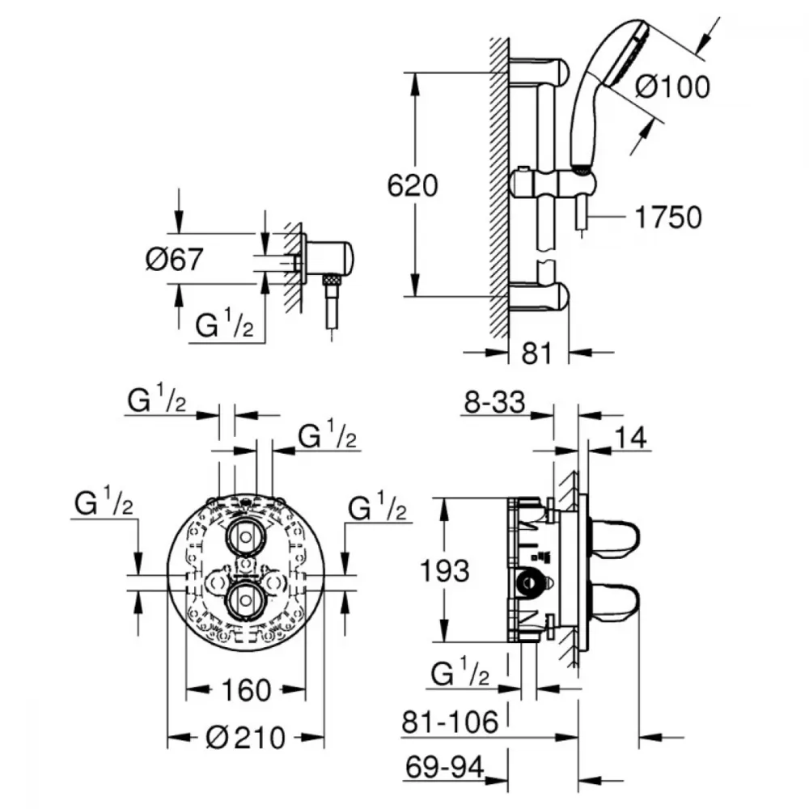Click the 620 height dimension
(413, 186)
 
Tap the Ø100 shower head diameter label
(673, 87)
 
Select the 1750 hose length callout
(668, 217)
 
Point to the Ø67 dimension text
(175, 259)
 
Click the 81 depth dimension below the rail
(536, 354)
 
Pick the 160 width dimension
(246, 690)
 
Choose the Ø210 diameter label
(246, 737)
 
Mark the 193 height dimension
(445, 571)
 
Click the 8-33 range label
(494, 402)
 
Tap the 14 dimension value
(630, 438)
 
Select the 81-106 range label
(451, 722)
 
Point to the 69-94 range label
(445, 767)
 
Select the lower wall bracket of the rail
(539, 298)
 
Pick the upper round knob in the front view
(246, 537)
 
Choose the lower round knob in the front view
(246, 600)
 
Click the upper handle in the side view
(615, 540)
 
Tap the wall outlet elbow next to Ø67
(328, 259)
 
